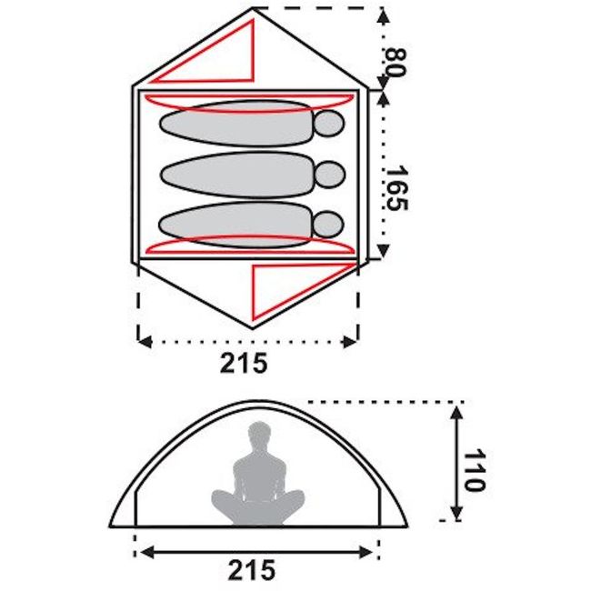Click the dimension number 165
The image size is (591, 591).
396,187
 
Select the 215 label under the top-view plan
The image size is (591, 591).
244,363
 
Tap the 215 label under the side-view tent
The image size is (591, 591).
251,569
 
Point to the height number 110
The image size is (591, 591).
474,470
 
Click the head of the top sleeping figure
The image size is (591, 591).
329,124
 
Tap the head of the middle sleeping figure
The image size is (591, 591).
330,175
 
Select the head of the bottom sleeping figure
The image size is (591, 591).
328,225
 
